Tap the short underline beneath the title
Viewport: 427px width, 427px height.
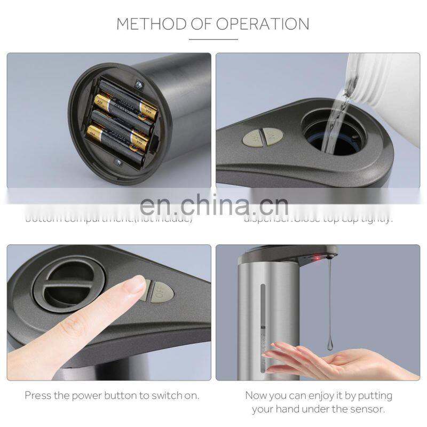(x=213, y=39)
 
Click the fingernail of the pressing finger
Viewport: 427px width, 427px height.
(x=137, y=284)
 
